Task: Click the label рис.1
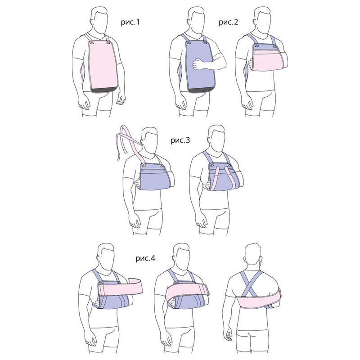coord(130,22)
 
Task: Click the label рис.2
coord(228,22)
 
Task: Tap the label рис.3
coord(180,140)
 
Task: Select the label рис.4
coord(145,258)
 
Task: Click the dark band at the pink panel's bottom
coord(104,90)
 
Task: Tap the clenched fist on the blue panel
coord(198,64)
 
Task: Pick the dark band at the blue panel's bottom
coord(201,90)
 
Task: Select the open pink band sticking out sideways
coord(121,287)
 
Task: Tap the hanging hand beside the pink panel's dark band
coord(121,100)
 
